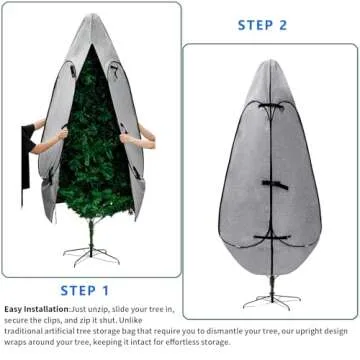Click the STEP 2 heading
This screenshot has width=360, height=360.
click(262, 24)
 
